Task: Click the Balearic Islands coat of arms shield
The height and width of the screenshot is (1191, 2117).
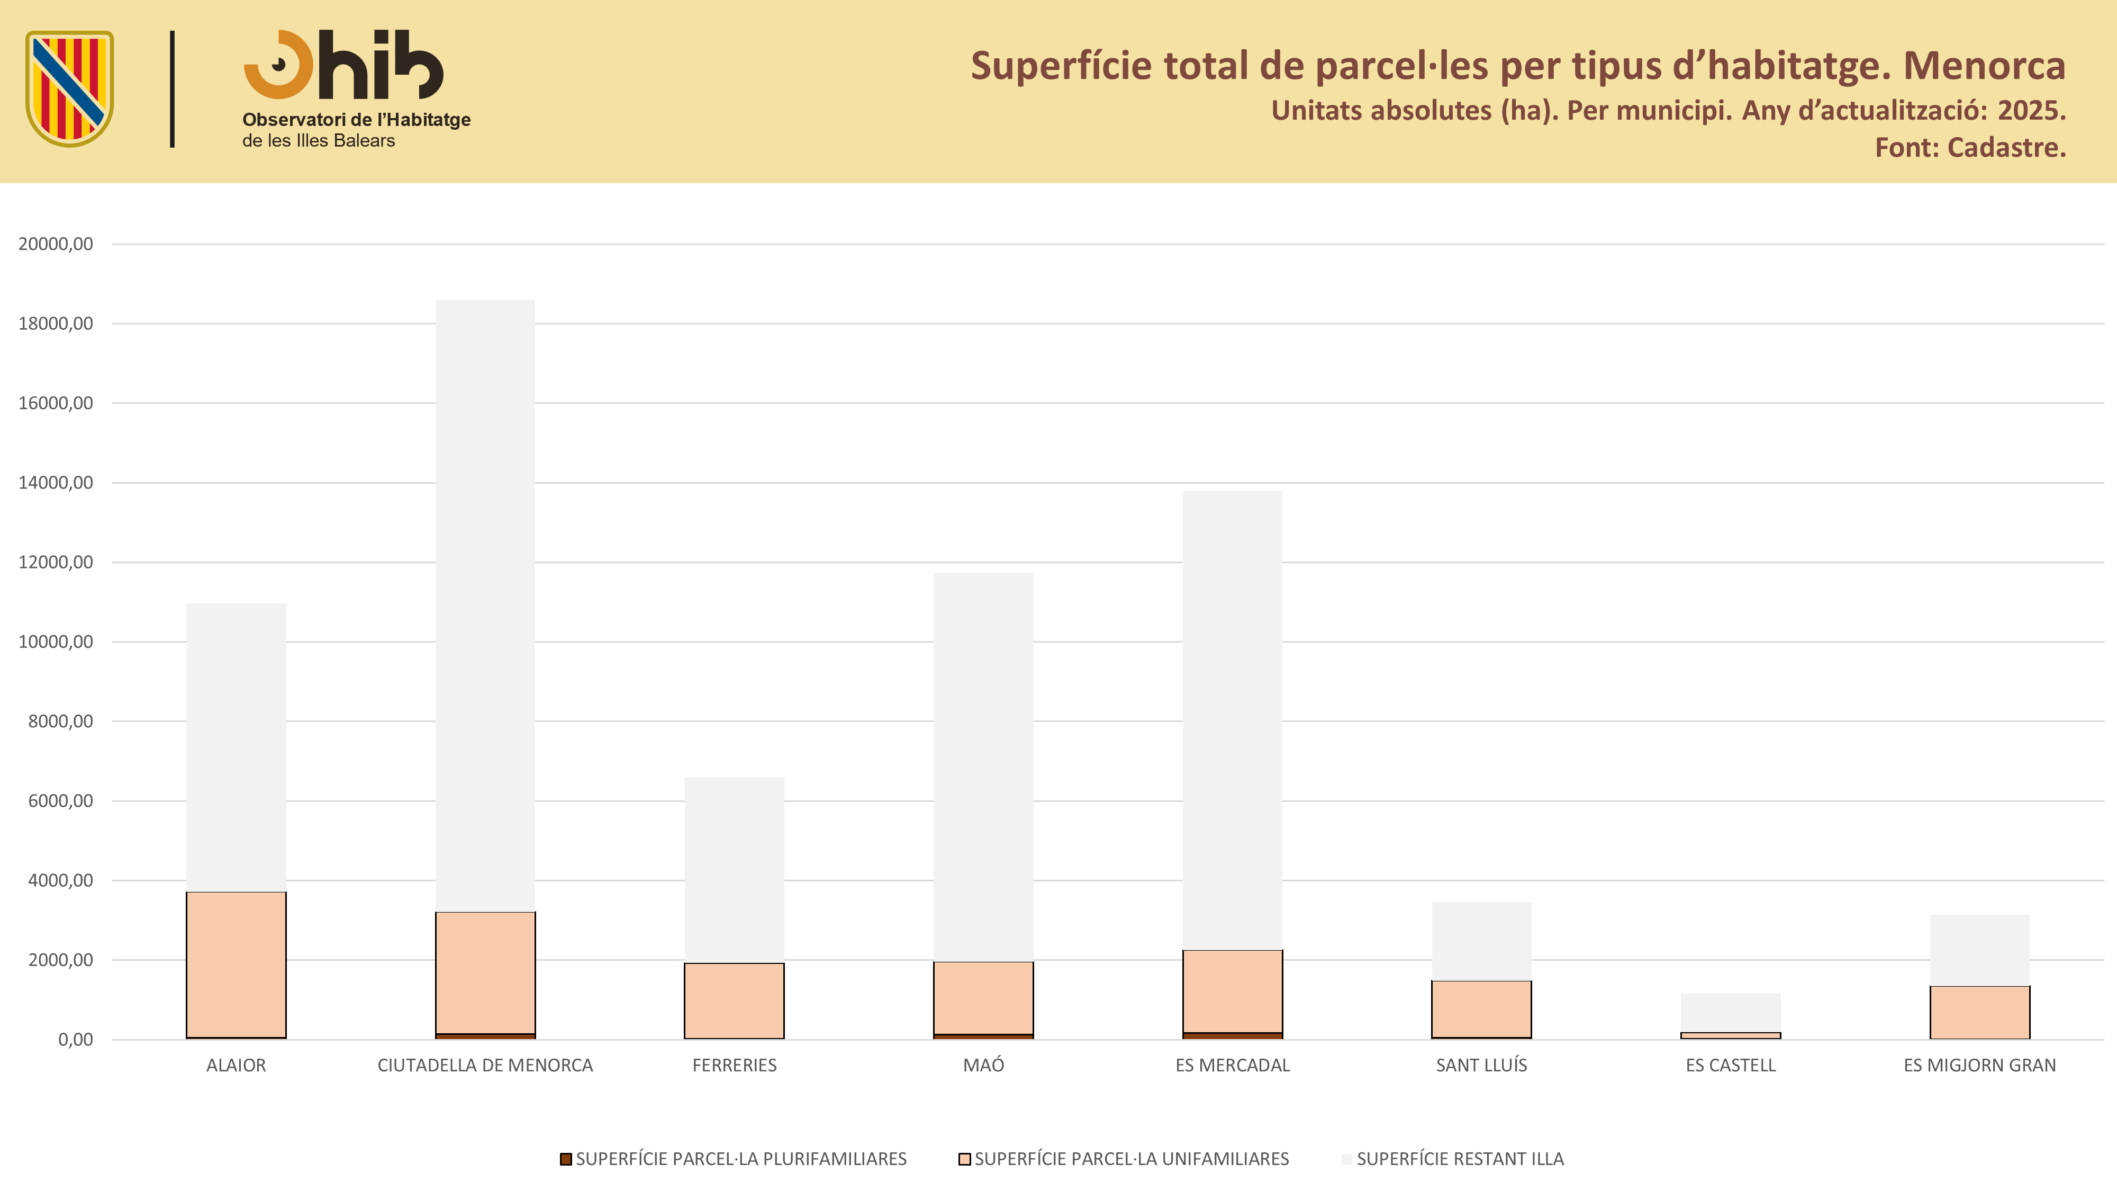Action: click(70, 89)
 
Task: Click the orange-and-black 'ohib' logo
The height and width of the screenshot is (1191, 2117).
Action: click(343, 65)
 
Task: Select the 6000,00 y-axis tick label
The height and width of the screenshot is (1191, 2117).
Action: click(60, 800)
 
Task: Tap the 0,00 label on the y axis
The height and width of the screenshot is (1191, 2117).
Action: click(76, 1040)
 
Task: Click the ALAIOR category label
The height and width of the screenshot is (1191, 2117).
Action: click(236, 1065)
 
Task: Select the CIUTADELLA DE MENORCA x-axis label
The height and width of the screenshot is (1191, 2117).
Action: click(485, 1065)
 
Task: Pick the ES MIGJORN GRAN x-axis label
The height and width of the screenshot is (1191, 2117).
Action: click(1980, 1065)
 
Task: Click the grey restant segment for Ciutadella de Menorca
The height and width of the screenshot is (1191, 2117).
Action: click(485, 606)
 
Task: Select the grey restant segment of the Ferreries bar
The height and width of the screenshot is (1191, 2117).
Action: click(734, 870)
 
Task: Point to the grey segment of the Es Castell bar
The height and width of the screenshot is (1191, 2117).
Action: click(1731, 1013)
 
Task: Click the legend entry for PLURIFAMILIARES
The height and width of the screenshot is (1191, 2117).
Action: click(733, 1159)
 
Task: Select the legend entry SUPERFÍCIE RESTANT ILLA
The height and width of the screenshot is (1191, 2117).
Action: click(1453, 1159)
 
